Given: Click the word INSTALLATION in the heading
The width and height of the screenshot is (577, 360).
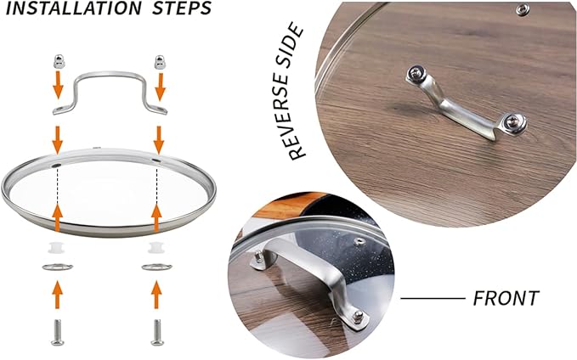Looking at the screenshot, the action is point(74,8).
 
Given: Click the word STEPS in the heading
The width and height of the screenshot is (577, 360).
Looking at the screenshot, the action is point(182,8).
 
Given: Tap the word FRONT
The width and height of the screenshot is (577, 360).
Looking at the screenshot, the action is point(506,298).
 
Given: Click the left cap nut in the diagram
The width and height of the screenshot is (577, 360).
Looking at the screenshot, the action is point(59,61).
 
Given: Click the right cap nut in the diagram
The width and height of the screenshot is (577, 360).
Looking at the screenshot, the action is point(160,62).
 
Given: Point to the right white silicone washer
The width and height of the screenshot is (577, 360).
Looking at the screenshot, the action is point(156,247).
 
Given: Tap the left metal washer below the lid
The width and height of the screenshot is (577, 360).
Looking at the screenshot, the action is point(58,267).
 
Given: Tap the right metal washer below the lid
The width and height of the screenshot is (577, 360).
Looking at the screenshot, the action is point(156,267).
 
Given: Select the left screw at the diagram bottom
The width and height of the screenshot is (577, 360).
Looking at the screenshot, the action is point(58,333).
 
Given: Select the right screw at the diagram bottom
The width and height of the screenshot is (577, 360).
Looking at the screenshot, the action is point(157,333).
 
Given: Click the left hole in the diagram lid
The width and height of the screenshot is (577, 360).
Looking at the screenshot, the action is point(56,166).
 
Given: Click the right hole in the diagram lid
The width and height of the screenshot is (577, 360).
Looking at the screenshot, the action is point(156,160).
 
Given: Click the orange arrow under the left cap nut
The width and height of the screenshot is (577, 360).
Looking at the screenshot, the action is point(58,85).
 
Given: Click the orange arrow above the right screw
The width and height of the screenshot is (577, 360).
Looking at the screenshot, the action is point(156,295).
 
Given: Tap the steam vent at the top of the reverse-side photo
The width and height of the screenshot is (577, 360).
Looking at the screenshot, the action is point(523,9).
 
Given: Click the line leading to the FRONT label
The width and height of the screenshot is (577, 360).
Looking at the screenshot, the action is point(433,298).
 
